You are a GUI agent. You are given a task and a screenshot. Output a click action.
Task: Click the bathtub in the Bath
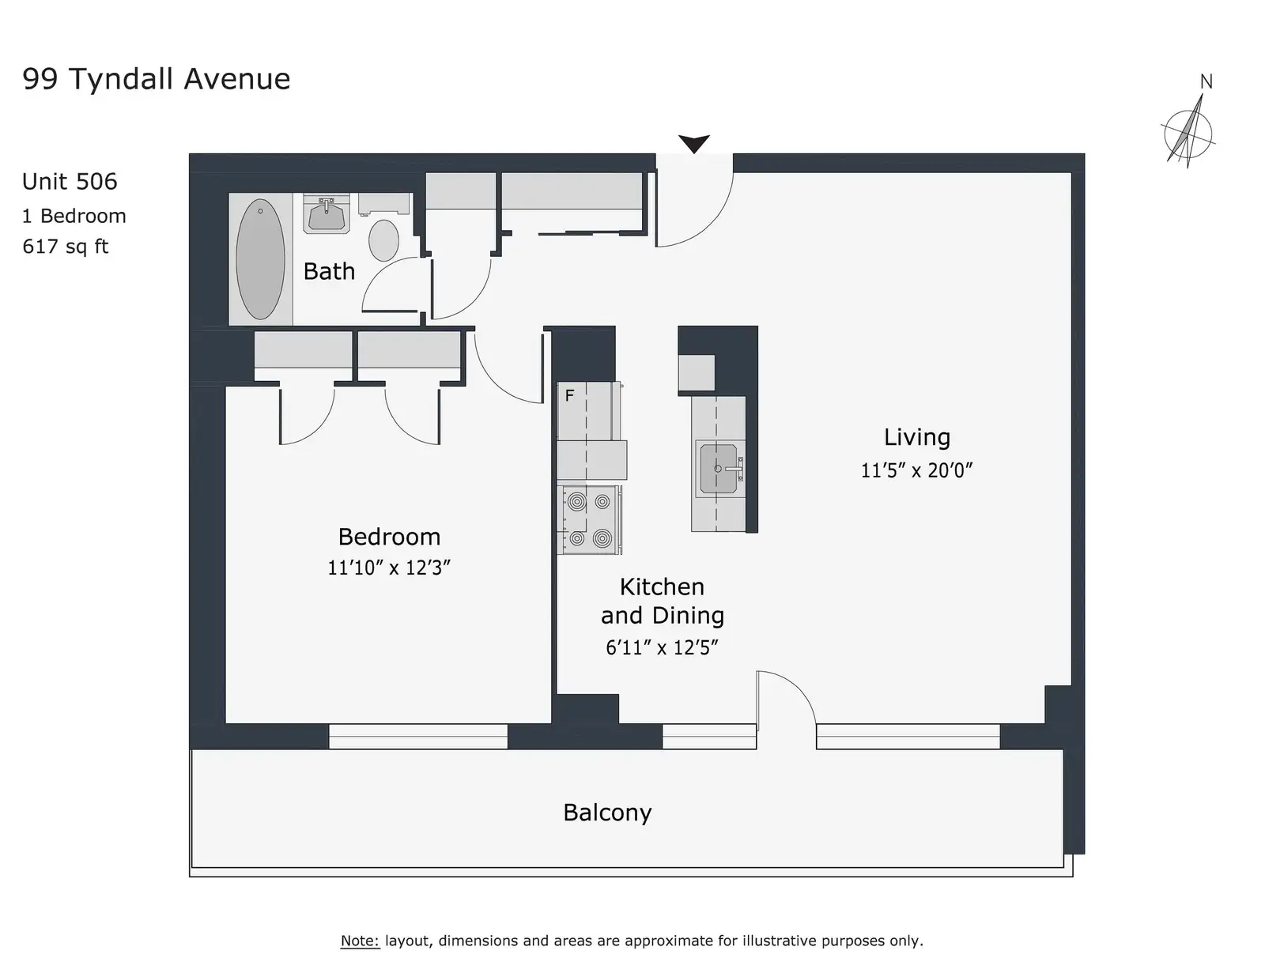[260, 259]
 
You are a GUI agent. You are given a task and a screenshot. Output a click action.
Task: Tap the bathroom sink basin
[327, 215]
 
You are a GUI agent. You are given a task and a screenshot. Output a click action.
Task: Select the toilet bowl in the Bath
[383, 240]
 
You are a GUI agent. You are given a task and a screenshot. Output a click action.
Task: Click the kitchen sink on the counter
[719, 469]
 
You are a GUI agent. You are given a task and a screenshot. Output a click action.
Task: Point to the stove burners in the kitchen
[589, 519]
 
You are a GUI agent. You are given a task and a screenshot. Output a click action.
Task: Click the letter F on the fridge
[569, 396]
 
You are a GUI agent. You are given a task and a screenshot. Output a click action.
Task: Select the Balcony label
[607, 813]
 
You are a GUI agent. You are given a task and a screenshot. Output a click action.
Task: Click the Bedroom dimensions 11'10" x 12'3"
[389, 568]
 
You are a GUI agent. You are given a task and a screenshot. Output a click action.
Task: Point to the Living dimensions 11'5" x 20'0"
[917, 470]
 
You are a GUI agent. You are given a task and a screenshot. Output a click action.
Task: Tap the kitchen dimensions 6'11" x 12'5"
[662, 647]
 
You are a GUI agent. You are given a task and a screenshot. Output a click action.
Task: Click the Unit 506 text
[70, 182]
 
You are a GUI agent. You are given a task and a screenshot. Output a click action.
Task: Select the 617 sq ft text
[65, 247]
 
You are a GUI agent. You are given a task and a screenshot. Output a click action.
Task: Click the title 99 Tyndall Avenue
[156, 79]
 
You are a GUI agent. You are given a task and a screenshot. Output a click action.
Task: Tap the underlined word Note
[360, 941]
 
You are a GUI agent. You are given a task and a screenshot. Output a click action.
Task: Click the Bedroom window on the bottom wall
[418, 736]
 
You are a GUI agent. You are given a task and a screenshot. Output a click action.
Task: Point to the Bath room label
[329, 271]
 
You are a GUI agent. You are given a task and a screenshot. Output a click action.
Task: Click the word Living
[917, 438]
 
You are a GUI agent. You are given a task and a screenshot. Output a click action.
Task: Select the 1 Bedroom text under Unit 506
[74, 216]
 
